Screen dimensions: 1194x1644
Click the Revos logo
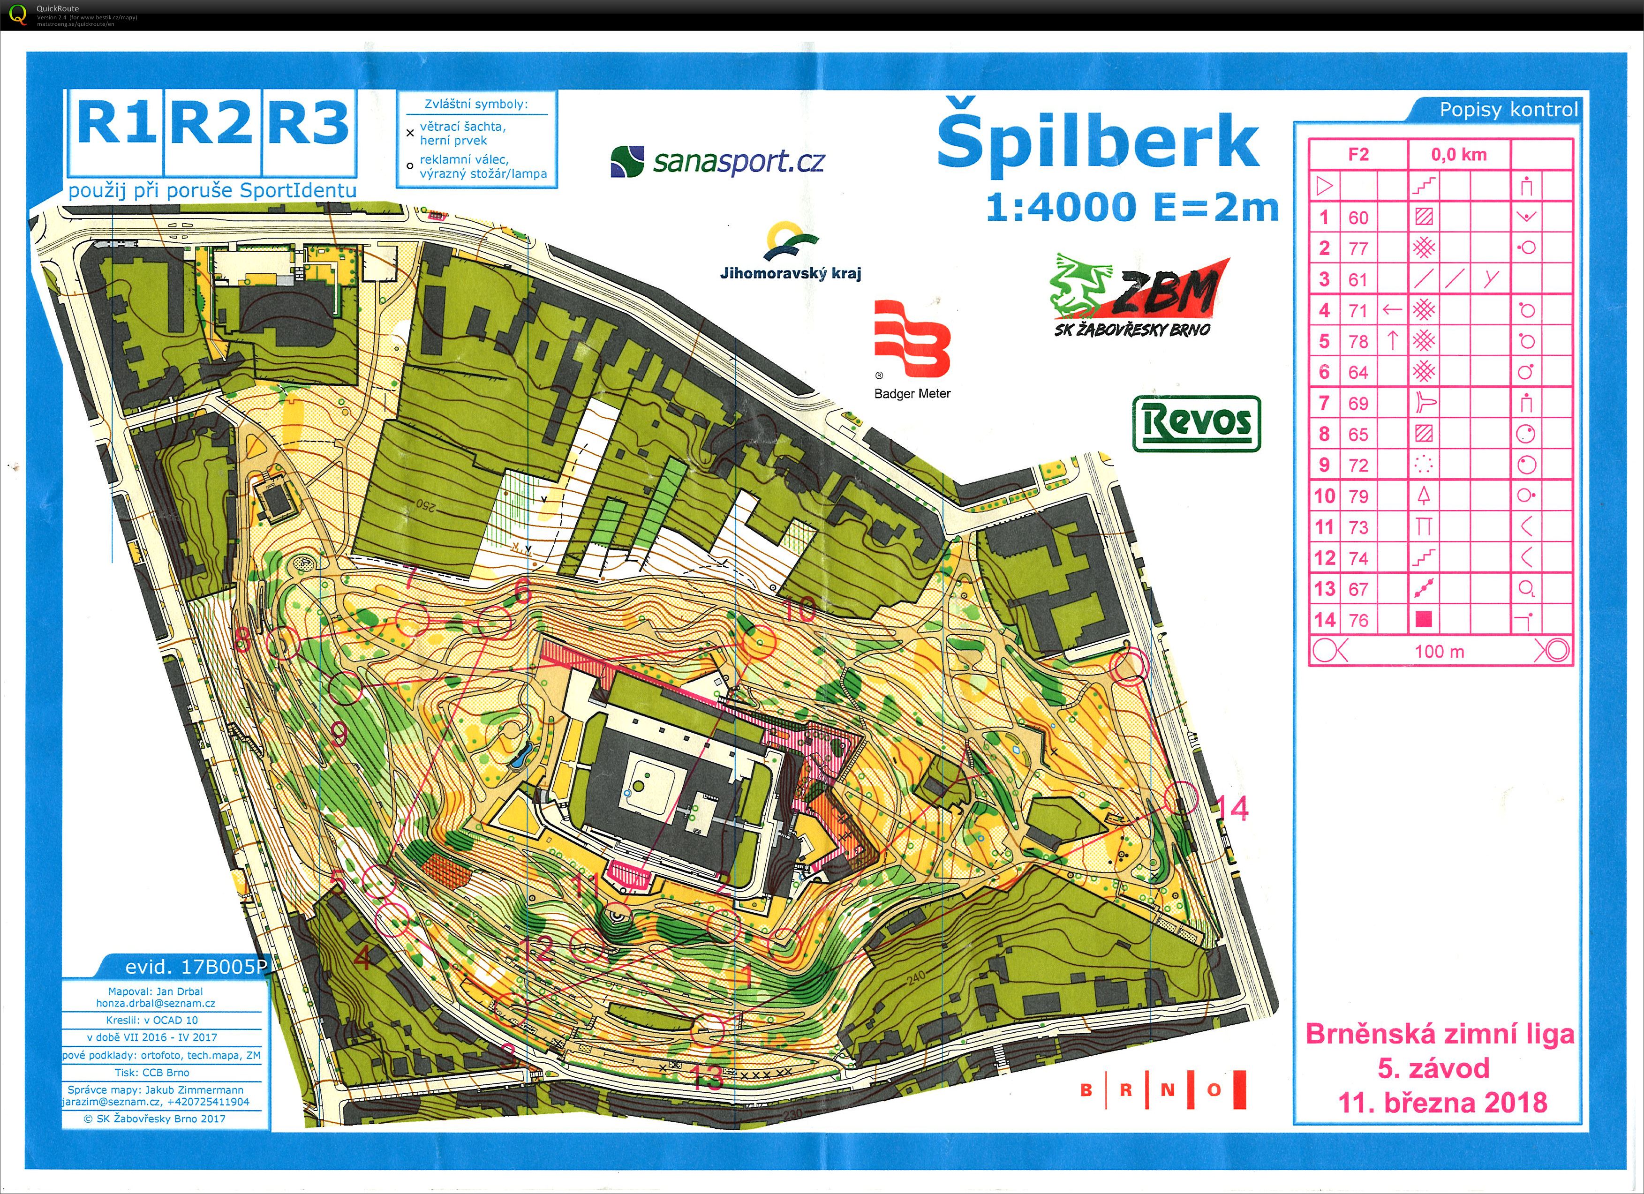1196,423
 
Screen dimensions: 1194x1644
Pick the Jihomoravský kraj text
790,273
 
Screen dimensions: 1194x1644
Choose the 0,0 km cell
1458,154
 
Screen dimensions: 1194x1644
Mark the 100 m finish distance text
1439,651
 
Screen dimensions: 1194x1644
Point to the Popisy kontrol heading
1508,110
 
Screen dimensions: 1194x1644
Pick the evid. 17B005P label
196,967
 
